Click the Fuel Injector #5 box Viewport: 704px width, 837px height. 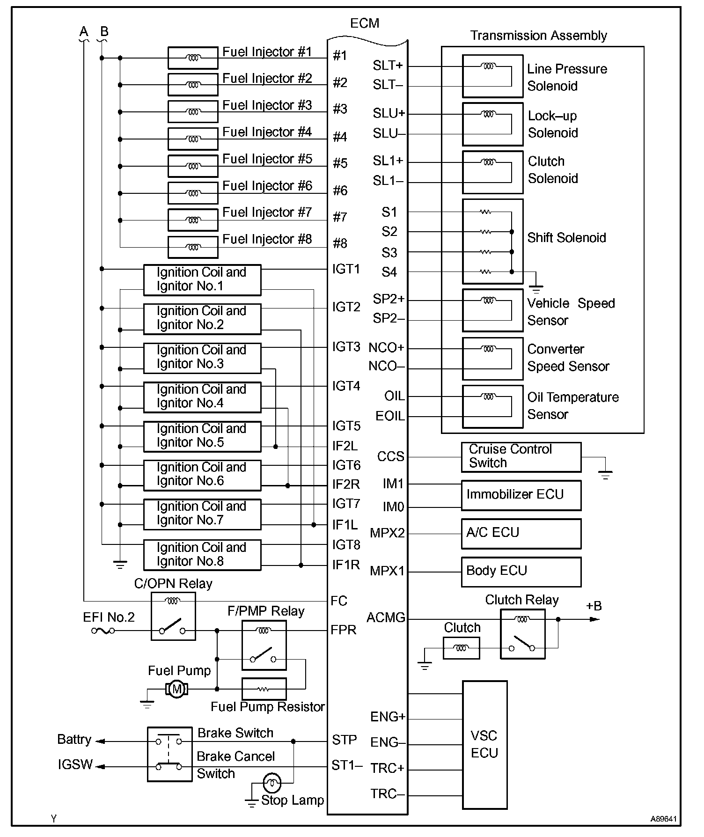193,166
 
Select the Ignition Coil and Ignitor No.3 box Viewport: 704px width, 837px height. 202,358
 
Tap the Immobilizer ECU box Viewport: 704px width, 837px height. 521,495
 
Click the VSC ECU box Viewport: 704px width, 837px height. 484,745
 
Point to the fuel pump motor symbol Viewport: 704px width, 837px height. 176,689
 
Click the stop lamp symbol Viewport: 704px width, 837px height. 271,782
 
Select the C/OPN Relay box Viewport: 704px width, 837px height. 173,616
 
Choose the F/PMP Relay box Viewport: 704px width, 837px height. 264,645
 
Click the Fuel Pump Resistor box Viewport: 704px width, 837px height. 264,689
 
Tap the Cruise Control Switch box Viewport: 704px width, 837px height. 521,457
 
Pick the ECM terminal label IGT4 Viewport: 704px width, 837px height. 346,386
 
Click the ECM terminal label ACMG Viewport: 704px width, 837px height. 386,618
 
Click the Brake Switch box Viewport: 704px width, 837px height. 169,754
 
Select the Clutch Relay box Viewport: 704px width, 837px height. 522,634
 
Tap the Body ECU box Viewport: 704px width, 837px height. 521,572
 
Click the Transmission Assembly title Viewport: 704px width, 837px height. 538,36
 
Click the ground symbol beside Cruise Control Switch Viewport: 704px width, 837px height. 605,475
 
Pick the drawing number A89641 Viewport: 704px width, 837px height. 663,819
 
